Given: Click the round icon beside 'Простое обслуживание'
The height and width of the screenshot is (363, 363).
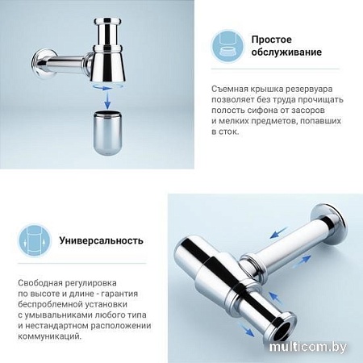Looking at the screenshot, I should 227,47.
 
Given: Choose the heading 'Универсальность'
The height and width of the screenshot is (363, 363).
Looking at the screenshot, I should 102,240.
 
